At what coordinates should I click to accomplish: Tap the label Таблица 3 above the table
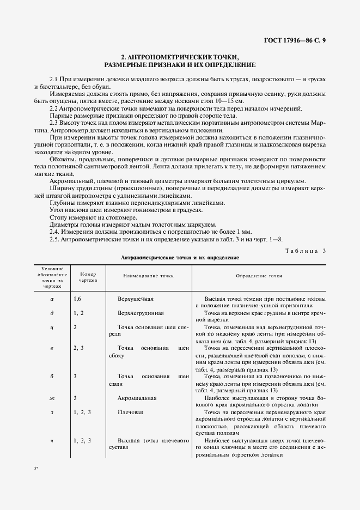tap(305, 250)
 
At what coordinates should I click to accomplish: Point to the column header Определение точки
tap(259, 276)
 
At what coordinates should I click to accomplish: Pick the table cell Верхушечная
tap(136, 300)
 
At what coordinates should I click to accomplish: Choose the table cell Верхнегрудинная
tap(140, 313)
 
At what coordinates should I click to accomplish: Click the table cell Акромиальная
tap(137, 398)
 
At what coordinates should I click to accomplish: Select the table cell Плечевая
tap(130, 412)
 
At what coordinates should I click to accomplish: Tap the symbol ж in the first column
tap(52, 398)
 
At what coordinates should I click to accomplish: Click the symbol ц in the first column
tap(52, 327)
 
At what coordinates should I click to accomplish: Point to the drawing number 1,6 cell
tap(78, 300)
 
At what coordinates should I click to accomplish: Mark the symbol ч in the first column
tap(52, 440)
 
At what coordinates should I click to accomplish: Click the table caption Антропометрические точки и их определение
tap(180, 257)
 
